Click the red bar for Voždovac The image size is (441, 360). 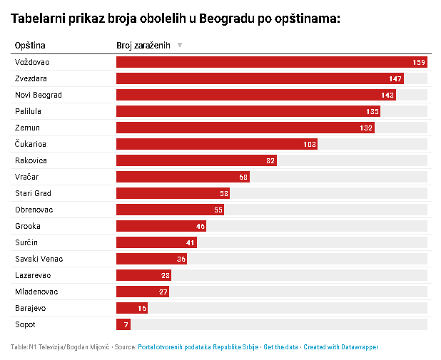(272, 62)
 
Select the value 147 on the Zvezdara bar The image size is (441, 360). (395, 78)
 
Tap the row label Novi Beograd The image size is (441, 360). (39, 95)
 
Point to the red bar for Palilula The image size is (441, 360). (248, 111)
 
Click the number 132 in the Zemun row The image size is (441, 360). (366, 128)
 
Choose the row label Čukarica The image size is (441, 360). (31, 144)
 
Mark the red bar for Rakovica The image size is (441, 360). (196, 160)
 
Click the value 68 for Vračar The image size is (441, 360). (243, 177)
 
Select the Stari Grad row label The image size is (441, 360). (33, 193)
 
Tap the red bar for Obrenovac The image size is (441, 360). (170, 210)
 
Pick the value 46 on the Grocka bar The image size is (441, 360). (201, 226)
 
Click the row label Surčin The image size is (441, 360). (26, 242)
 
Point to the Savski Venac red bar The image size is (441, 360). (151, 259)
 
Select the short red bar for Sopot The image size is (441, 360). (123, 324)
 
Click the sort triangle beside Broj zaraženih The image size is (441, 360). (180, 45)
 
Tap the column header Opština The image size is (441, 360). (30, 45)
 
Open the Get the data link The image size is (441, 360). (280, 347)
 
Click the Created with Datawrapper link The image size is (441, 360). (341, 347)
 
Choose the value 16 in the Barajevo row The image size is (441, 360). (142, 308)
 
